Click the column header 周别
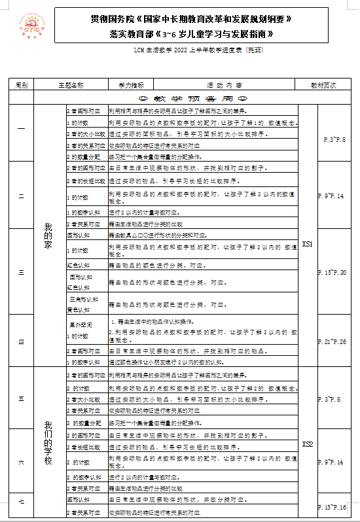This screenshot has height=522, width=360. tap(21, 85)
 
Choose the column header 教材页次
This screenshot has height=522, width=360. tap(323, 85)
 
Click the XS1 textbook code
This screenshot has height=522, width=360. tap(308, 243)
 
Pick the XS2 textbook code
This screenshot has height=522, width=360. tap(308, 444)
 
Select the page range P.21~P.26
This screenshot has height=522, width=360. tap(332, 341)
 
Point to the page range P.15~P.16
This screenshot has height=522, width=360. tap(332, 507)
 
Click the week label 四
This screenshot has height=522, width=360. tap(21, 341)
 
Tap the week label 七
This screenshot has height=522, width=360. tap(21, 502)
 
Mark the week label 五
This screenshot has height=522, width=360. tap(21, 398)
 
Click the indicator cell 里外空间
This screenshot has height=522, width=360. tap(78, 323)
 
